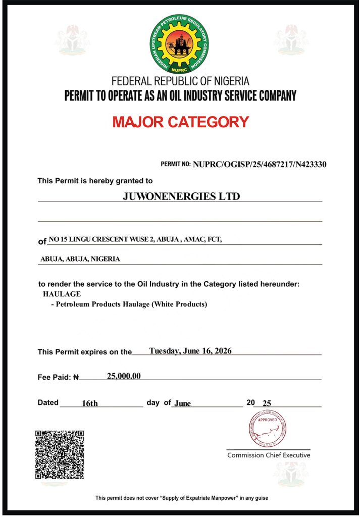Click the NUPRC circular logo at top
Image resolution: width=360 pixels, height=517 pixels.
point(180,44)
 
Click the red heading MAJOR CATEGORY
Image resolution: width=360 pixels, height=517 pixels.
point(180,122)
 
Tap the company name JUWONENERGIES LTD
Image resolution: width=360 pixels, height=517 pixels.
point(181,196)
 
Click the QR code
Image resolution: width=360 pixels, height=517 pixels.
point(59,454)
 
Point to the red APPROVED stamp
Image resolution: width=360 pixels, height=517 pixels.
point(267,428)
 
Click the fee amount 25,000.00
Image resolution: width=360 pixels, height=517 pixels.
point(124,376)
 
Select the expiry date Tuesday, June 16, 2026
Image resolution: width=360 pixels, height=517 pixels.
point(190,351)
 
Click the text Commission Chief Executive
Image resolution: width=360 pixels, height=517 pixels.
point(269,455)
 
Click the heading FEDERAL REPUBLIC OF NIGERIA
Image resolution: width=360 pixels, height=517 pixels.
point(180,81)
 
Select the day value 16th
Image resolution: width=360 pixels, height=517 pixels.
point(90,403)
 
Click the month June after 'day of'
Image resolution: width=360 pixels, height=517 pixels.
point(182,403)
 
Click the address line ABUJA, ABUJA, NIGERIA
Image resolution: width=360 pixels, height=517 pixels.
point(80,259)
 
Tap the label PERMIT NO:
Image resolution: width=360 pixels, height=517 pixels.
point(176,165)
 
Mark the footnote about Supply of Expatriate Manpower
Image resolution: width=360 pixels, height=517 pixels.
point(182,498)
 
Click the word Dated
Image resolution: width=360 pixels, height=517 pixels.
point(48,403)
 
